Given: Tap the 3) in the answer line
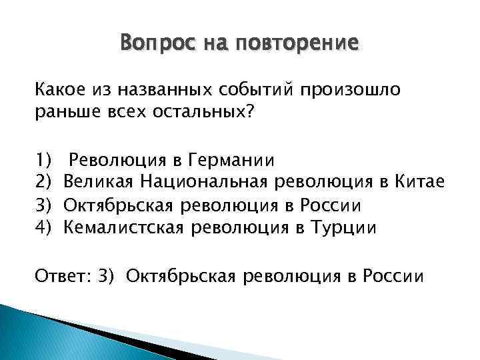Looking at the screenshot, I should tap(110, 275).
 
